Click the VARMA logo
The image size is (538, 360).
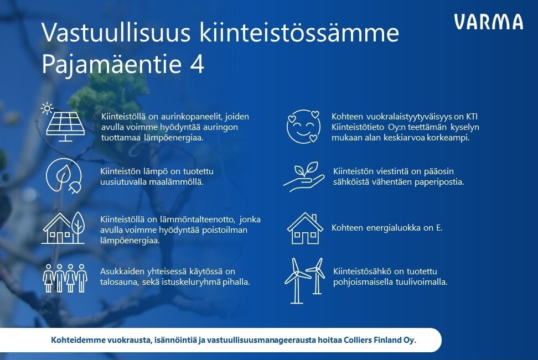click(x=489, y=22)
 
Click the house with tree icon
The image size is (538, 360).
click(x=64, y=228)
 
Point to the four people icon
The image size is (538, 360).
click(x=65, y=278)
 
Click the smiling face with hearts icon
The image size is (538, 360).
click(x=304, y=126)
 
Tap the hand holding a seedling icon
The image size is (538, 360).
click(x=304, y=176)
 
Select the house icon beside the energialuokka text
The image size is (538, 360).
click(x=305, y=228)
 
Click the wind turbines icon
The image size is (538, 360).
click(x=304, y=281)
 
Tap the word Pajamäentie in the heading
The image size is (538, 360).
click(x=111, y=65)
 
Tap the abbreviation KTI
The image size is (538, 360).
click(x=472, y=117)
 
